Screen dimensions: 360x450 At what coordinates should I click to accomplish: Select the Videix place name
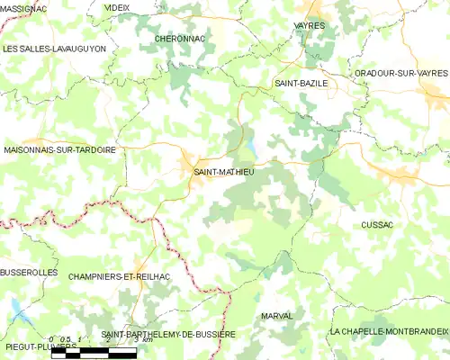coord(117,7)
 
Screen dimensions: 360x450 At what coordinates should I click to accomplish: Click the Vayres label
coord(310,26)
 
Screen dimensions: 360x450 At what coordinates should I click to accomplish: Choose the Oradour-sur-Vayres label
coord(401,73)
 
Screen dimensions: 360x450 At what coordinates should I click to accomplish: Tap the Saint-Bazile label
coord(301,83)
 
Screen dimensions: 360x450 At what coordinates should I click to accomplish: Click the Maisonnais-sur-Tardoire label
coord(60,149)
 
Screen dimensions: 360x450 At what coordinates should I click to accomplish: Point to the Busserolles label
coord(29,272)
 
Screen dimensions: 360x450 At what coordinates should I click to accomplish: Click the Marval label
coord(275,317)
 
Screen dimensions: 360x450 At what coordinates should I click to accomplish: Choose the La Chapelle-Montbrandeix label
coord(389,332)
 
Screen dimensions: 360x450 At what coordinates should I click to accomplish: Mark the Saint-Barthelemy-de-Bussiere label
coord(168,334)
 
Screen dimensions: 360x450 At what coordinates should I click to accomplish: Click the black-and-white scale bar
coord(94,352)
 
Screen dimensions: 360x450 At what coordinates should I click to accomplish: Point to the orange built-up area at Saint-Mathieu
coord(193,165)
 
